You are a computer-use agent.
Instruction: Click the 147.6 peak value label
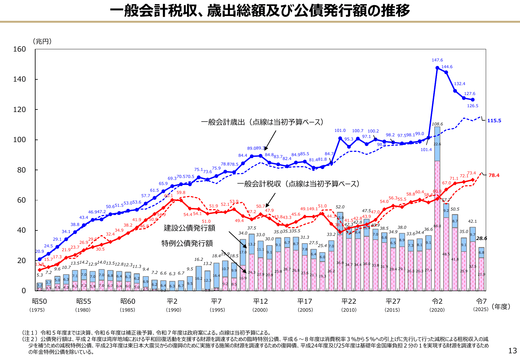[437, 60]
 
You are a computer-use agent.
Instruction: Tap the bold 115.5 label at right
[494, 121]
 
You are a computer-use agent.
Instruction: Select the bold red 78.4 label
[494, 175]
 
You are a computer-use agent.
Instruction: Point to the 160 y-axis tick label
[20, 49]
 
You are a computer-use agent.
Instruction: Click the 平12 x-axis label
[260, 301]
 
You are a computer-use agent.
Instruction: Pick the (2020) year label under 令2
[437, 310]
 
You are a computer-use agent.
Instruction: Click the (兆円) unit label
[42, 41]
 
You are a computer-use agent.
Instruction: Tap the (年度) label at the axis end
[501, 307]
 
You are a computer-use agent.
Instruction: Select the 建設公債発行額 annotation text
[189, 228]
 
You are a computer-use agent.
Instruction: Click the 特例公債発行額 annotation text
[187, 244]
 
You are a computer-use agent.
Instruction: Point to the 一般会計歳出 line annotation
[262, 122]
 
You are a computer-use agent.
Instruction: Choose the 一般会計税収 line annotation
[298, 184]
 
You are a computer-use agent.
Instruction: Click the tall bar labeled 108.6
[437, 208]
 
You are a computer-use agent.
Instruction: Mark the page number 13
[512, 351]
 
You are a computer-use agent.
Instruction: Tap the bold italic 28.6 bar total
[481, 238]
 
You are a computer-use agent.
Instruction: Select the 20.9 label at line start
[40, 252]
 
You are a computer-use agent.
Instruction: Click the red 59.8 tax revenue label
[181, 193]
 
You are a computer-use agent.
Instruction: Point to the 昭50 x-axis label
[39, 301]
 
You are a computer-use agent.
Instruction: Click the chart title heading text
[260, 11]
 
